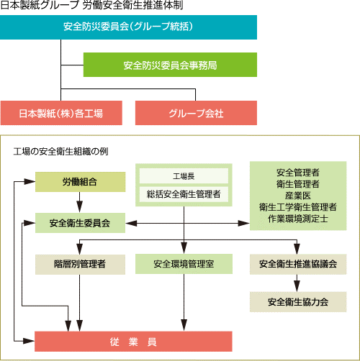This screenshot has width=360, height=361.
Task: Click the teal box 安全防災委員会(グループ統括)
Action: pyautogui.click(x=128, y=27)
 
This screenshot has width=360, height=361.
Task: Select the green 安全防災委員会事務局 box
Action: pyautogui.click(x=170, y=65)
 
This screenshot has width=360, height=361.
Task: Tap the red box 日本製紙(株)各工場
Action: pyautogui.click(x=61, y=113)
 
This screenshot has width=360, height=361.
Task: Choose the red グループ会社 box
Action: pyautogui.click(x=196, y=113)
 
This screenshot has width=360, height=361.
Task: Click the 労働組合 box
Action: pyautogui.click(x=80, y=182)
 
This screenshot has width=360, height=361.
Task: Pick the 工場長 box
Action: pyautogui.click(x=184, y=176)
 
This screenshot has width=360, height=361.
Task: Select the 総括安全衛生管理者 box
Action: pyautogui.click(x=184, y=194)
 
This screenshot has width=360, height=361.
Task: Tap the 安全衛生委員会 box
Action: pyautogui.click(x=80, y=223)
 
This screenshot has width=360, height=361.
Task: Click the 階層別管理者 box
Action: pyautogui.click(x=80, y=264)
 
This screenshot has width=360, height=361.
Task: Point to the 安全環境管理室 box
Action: pyautogui.click(x=184, y=264)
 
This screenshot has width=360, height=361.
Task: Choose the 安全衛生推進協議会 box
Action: pyautogui.click(x=298, y=264)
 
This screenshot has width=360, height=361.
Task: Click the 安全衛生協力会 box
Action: pyautogui.click(x=298, y=302)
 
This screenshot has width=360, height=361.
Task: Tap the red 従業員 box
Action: pyautogui.click(x=133, y=342)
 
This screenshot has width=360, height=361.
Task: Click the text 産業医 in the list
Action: pyautogui.click(x=298, y=196)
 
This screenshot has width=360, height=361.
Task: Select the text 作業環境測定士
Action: pyautogui.click(x=298, y=219)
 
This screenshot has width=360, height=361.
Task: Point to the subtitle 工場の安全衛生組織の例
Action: pyautogui.click(x=60, y=152)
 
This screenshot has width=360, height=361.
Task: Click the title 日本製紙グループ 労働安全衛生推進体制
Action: pyautogui.click(x=91, y=5)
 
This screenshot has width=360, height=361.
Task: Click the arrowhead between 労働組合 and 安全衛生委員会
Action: pyautogui.click(x=79, y=207)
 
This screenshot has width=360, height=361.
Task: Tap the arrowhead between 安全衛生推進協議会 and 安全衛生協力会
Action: pyautogui.click(x=297, y=286)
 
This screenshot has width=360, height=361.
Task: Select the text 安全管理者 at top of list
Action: pyautogui.click(x=298, y=173)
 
